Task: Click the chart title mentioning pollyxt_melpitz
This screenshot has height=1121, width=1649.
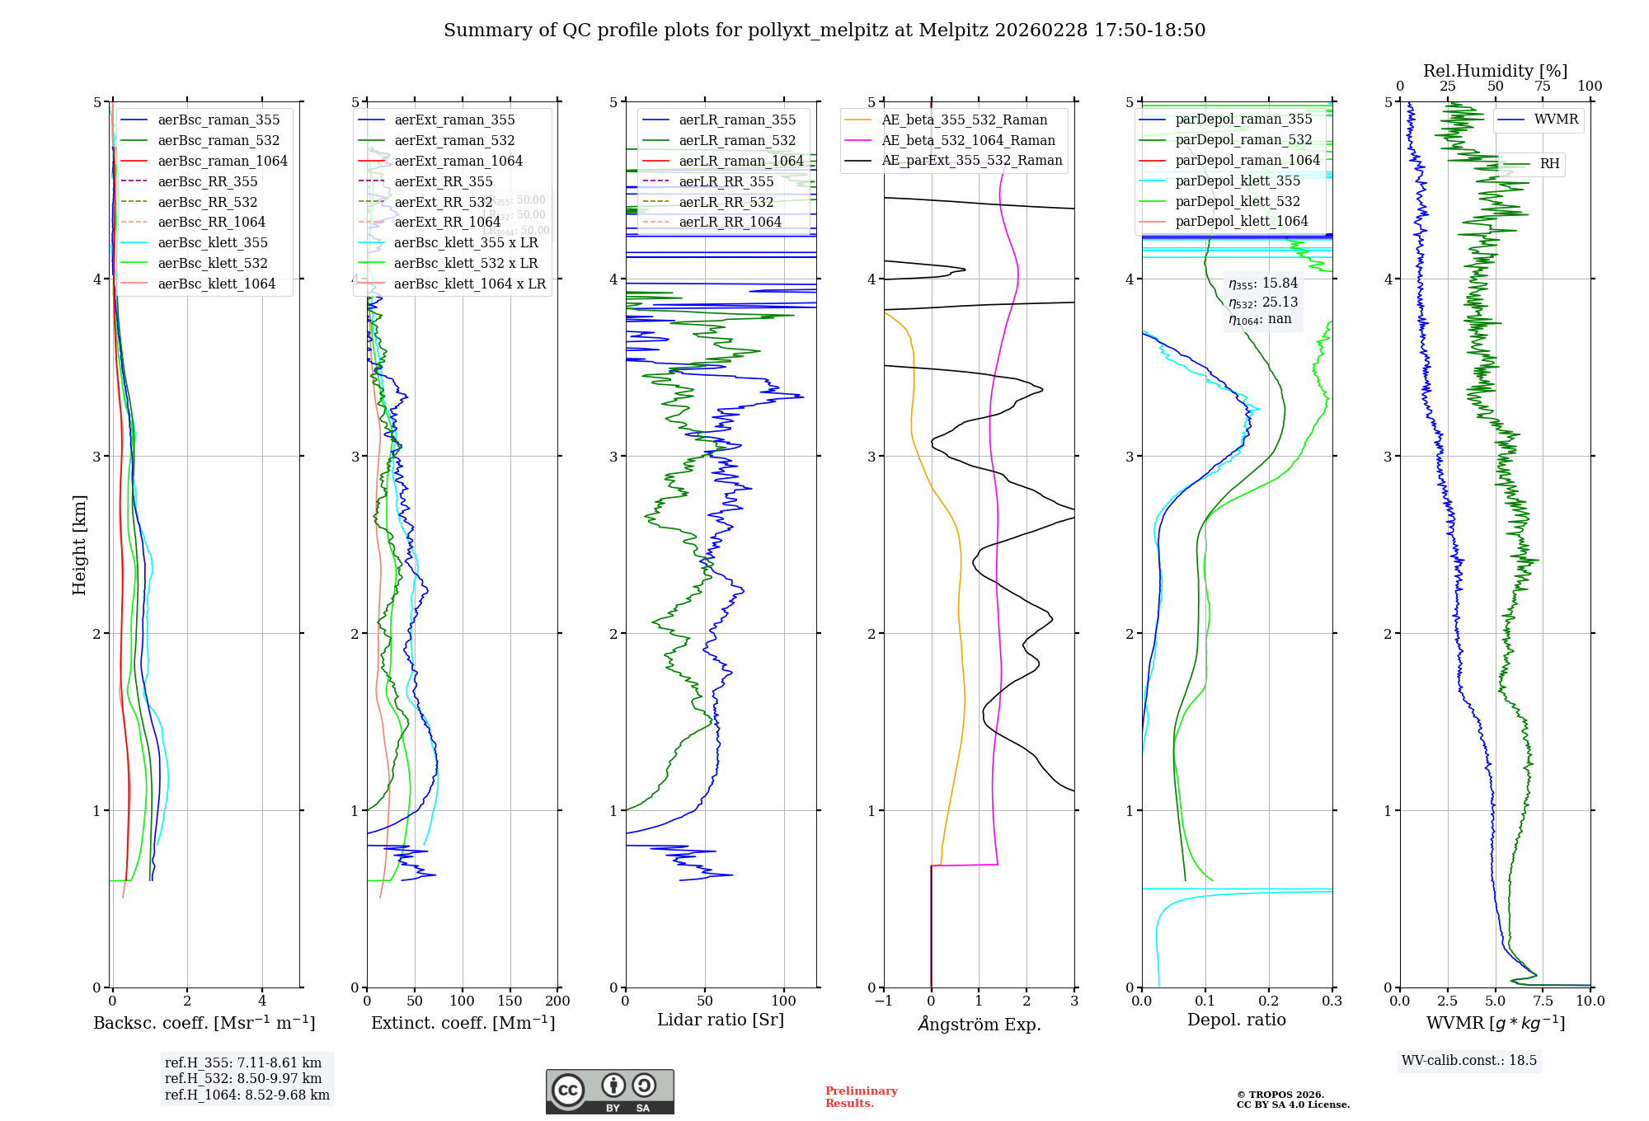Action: pyautogui.click(x=824, y=30)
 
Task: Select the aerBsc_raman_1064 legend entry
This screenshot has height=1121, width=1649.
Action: pyautogui.click(x=223, y=161)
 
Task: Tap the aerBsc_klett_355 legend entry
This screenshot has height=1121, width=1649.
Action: pyautogui.click(x=213, y=242)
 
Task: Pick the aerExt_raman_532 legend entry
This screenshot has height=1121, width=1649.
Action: pyautogui.click(x=454, y=140)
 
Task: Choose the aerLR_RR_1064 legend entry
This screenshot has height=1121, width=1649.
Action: pyautogui.click(x=730, y=222)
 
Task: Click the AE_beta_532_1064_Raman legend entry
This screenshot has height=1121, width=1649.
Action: pyautogui.click(x=968, y=140)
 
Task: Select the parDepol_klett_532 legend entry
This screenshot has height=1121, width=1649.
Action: pyautogui.click(x=1238, y=201)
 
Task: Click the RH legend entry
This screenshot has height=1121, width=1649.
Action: pyautogui.click(x=1549, y=164)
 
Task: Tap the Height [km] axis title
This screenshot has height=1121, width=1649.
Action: pyautogui.click(x=79, y=545)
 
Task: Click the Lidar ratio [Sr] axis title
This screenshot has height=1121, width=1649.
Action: pyautogui.click(x=720, y=1020)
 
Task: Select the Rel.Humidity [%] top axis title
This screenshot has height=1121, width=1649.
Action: pyautogui.click(x=1495, y=71)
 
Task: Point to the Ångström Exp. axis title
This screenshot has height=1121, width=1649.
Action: pyautogui.click(x=979, y=1024)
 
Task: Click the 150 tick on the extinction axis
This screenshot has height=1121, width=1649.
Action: pyautogui.click(x=510, y=1001)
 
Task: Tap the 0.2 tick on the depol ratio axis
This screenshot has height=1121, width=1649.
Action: pyautogui.click(x=1268, y=1001)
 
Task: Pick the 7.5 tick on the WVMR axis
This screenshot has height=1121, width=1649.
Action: pyautogui.click(x=1543, y=1001)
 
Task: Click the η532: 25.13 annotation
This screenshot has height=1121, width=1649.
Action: pyautogui.click(x=1263, y=303)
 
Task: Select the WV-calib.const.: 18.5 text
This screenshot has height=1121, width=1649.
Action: pyautogui.click(x=1469, y=1060)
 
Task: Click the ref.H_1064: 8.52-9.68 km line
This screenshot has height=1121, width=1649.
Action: pyautogui.click(x=247, y=1095)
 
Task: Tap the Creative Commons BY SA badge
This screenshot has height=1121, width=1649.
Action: pyautogui.click(x=609, y=1092)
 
